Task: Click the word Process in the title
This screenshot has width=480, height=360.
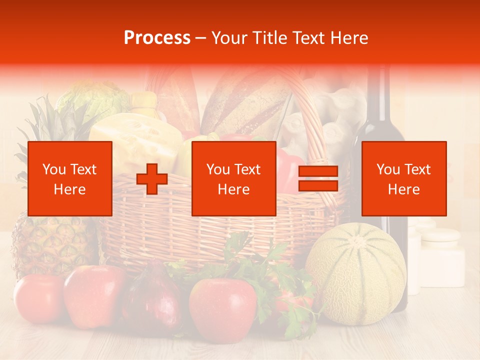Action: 157,38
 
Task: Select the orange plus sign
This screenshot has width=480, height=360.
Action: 152,179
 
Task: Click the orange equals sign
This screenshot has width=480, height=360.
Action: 318,179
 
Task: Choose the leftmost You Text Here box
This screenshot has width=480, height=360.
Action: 69,179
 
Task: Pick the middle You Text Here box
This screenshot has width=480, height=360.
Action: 233,179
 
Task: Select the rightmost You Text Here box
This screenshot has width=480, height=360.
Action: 403,179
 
